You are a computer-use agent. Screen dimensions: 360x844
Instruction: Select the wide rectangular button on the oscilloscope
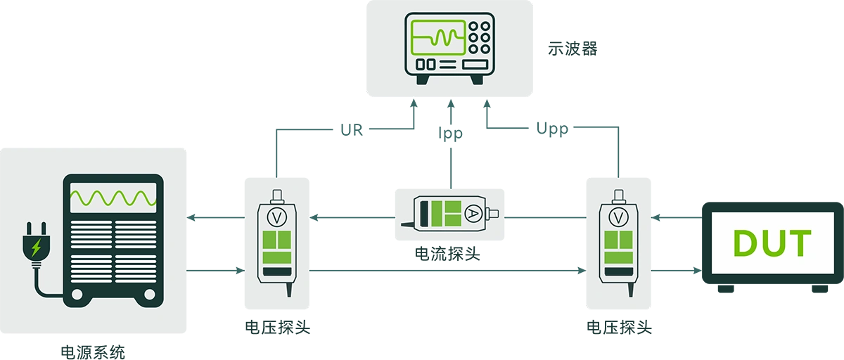click(x=475, y=64)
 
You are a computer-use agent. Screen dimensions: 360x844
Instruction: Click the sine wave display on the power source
click(x=113, y=198)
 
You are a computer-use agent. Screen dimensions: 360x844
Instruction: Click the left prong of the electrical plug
click(x=29, y=228)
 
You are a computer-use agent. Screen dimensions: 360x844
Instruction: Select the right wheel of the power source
click(x=149, y=295)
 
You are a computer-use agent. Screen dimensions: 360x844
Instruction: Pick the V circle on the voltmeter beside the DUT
click(x=618, y=217)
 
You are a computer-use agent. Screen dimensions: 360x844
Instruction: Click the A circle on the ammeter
click(x=473, y=212)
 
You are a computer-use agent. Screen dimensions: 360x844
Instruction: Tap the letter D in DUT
click(x=747, y=243)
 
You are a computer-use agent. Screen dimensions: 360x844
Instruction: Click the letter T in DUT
click(x=800, y=243)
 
